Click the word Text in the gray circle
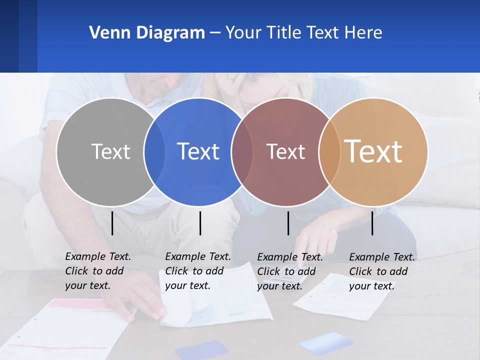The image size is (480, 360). pyautogui.click(x=110, y=151)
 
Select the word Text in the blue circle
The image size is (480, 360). pyautogui.click(x=198, y=151)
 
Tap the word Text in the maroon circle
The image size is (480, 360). pyautogui.click(x=285, y=151)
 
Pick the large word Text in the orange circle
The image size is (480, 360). pyautogui.click(x=373, y=151)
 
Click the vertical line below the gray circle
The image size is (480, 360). pyautogui.click(x=112, y=223)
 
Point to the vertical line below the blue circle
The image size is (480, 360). pyautogui.click(x=200, y=223)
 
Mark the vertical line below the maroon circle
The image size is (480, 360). pyautogui.click(x=288, y=223)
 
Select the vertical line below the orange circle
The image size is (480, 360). pyautogui.click(x=372, y=223)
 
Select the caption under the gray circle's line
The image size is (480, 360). pyautogui.click(x=98, y=271)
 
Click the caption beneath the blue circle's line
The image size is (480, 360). pyautogui.click(x=198, y=271)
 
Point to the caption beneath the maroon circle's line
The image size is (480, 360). pyautogui.click(x=290, y=271)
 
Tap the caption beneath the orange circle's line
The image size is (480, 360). pyautogui.click(x=382, y=271)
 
